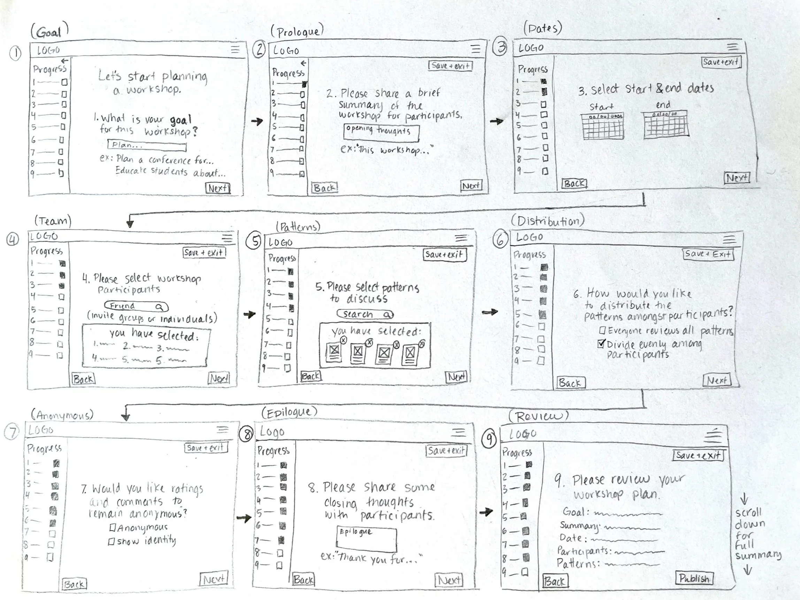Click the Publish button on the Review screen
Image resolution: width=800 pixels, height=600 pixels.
click(x=693, y=578)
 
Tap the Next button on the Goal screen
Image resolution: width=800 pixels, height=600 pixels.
click(x=218, y=188)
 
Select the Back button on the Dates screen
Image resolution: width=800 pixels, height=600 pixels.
click(x=574, y=183)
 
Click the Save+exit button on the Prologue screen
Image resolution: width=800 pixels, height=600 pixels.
click(x=450, y=66)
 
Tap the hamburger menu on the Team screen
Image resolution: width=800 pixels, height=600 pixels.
click(x=227, y=238)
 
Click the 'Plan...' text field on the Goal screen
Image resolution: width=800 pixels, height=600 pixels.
click(x=147, y=146)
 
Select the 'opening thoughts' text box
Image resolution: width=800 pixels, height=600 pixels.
click(x=381, y=133)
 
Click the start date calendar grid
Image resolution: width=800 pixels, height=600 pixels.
click(x=602, y=126)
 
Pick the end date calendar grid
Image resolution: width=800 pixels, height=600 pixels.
click(x=666, y=124)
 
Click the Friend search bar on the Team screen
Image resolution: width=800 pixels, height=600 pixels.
click(x=136, y=306)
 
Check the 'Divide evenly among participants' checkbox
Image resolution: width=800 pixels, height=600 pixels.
click(x=601, y=344)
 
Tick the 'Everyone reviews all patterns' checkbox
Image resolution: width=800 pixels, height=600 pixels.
click(x=602, y=330)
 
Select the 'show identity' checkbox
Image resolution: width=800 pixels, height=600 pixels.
click(x=111, y=541)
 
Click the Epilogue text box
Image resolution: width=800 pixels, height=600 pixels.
click(x=366, y=540)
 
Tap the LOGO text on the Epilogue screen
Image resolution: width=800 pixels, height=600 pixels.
click(x=272, y=432)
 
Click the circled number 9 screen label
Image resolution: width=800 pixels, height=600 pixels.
click(x=489, y=439)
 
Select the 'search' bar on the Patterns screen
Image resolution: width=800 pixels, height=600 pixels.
click(x=364, y=314)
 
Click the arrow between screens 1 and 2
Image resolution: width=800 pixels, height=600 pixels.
click(x=257, y=122)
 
